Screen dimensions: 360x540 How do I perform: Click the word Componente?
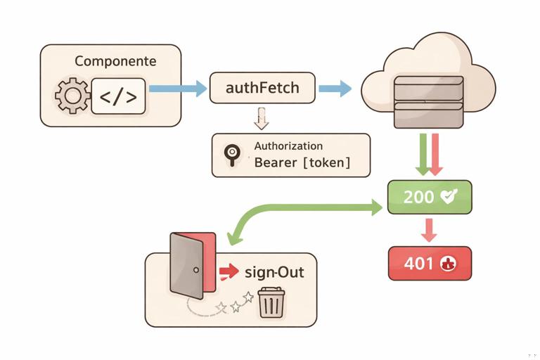pyautogui.click(x=115, y=61)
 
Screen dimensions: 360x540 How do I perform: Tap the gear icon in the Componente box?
pyautogui.click(x=72, y=96)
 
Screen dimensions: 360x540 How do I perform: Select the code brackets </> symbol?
pyautogui.click(x=118, y=96)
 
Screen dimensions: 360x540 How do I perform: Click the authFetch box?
pyautogui.click(x=262, y=89)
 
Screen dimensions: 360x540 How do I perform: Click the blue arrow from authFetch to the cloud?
pyautogui.click(x=335, y=89)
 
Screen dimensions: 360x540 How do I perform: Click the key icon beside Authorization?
pyautogui.click(x=230, y=155)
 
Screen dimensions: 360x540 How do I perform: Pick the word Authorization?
pyautogui.click(x=288, y=146)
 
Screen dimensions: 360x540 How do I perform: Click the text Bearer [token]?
pyautogui.click(x=302, y=164)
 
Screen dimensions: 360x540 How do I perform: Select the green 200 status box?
pyautogui.click(x=430, y=197)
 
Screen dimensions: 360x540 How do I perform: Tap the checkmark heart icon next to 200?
pyautogui.click(x=447, y=197)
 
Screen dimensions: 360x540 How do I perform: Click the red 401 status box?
pyautogui.click(x=430, y=264)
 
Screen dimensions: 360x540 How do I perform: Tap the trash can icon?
pyautogui.click(x=271, y=303)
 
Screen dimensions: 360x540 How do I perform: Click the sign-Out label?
pyautogui.click(x=274, y=271)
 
